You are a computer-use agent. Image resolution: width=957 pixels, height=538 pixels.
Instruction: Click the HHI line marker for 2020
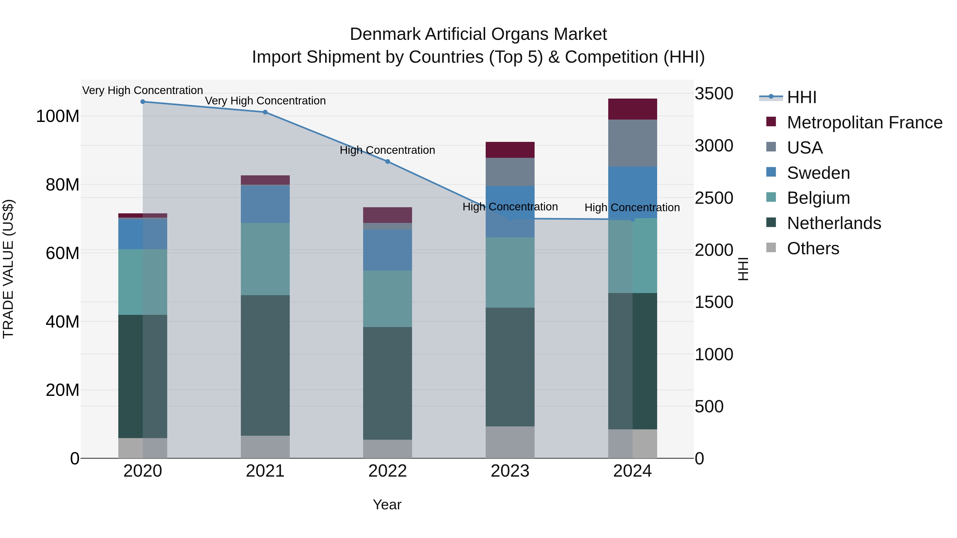coord(143,102)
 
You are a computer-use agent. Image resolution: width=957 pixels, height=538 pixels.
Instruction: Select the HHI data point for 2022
coord(388,162)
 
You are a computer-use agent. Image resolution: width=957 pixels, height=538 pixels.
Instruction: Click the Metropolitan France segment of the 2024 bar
coord(632,109)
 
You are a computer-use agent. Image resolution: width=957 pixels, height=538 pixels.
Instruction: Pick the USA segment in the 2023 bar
coord(510,172)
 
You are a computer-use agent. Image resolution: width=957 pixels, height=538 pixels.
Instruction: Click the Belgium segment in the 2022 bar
coord(388,299)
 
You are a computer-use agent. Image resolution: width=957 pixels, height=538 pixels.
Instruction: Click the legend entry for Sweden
coord(818,173)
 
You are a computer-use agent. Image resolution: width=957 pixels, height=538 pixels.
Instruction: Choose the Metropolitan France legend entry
coord(864,122)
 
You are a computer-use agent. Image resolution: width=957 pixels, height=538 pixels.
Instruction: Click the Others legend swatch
coord(771,248)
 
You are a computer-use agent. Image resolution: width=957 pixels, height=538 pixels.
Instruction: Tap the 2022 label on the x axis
coord(388,471)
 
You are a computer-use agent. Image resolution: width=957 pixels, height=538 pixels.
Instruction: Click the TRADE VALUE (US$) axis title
coord(8,269)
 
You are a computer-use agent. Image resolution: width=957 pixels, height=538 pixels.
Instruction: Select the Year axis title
coord(387,505)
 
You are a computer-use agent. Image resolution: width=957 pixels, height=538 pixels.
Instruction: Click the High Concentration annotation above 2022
coord(388,150)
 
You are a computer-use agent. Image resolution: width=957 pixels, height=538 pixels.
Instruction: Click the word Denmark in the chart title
coord(385,34)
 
